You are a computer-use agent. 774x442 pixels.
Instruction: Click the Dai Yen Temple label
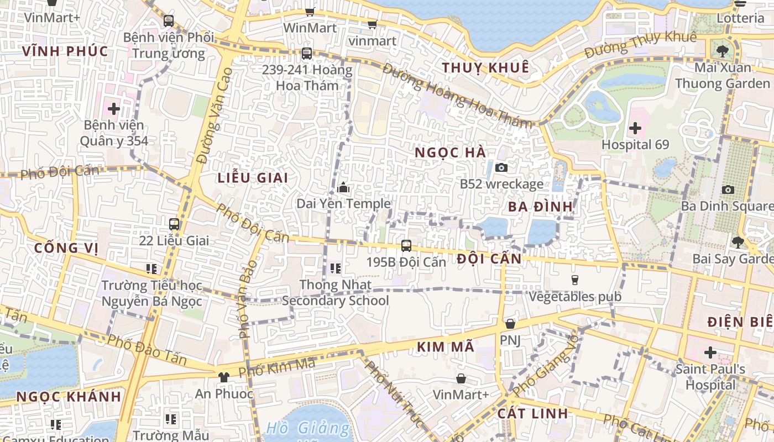click(343, 203)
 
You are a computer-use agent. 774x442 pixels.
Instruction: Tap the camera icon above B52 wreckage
click(501, 167)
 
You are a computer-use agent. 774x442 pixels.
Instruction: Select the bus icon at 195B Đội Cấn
click(406, 246)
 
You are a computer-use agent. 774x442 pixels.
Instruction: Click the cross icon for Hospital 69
click(635, 129)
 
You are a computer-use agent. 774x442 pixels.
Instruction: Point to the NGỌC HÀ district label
click(450, 152)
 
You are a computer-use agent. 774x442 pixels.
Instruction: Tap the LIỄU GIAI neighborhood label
click(253, 177)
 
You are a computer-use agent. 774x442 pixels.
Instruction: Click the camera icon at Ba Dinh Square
click(728, 190)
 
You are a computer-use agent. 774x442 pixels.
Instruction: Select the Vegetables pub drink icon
click(575, 280)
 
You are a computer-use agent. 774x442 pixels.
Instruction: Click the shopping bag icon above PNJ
click(510, 324)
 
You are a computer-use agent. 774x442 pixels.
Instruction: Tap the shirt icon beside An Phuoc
click(223, 377)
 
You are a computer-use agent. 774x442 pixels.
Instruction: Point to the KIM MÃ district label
click(445, 347)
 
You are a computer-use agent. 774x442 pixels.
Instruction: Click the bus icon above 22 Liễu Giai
click(174, 224)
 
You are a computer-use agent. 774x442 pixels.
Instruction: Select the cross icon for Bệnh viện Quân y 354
click(114, 109)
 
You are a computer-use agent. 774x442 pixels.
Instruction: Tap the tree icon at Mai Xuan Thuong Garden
click(722, 51)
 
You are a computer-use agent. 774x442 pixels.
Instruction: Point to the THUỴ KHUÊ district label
click(485, 67)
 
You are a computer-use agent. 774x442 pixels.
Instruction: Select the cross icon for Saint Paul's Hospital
click(710, 352)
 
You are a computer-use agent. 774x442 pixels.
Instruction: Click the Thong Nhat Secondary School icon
click(335, 269)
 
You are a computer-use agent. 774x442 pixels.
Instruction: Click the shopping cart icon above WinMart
click(310, 12)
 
